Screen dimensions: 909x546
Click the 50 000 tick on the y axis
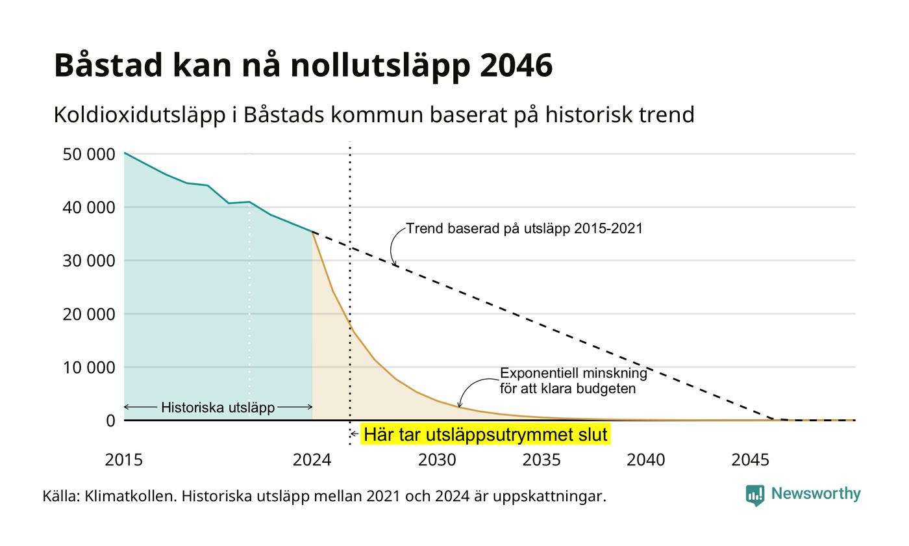pos(89,155)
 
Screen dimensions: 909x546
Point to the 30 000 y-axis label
pos(89,261)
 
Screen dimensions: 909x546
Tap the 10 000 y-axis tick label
pos(89,368)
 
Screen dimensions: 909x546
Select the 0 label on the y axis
pos(111,421)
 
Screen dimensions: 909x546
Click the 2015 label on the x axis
pos(124,460)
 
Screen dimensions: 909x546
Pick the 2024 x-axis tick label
pos(312,460)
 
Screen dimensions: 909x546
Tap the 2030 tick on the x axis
pos(437,460)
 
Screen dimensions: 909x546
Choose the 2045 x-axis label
pos(751,460)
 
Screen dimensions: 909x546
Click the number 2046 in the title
pos(516,65)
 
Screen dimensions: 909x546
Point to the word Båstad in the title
pos(108,65)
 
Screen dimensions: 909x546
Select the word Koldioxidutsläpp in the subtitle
pos(140,115)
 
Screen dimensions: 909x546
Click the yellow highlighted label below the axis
pos(486,434)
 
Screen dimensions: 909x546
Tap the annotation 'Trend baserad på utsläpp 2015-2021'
pos(525,229)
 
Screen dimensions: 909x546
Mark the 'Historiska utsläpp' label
pos(218,408)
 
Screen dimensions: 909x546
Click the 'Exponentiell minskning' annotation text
pos(573,373)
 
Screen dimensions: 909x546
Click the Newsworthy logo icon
pos(754,495)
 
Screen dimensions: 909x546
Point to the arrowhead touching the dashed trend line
pos(395,265)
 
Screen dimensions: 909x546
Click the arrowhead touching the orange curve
pos(460,404)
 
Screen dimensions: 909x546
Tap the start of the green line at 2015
pos(124,153)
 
